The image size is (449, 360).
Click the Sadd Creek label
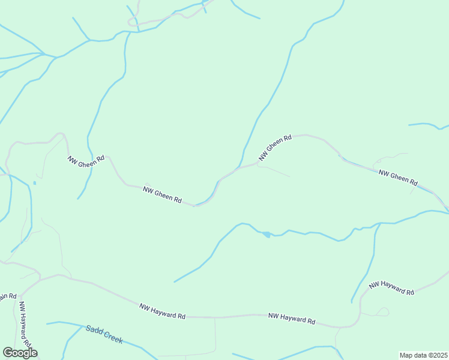tap(104, 334)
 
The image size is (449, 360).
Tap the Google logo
tap(20, 353)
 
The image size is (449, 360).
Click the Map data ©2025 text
tap(423, 355)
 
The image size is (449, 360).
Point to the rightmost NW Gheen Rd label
tap(398, 177)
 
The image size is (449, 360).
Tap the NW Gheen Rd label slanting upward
tap(275, 147)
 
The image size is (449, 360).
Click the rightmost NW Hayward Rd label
tap(392, 287)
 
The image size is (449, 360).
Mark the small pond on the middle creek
tap(266, 234)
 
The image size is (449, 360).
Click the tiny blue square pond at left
tap(35, 182)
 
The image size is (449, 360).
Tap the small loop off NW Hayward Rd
tap(382, 311)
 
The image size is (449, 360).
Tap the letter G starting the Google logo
tap(8, 352)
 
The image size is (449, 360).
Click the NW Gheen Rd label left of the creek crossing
tap(162, 194)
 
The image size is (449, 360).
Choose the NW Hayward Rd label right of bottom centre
tap(292, 319)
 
